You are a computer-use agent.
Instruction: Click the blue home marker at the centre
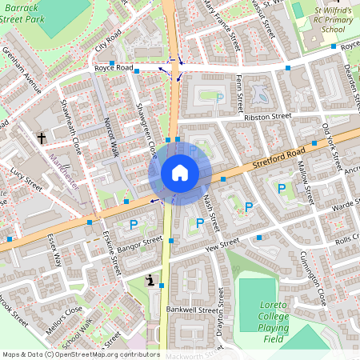click(x=180, y=173)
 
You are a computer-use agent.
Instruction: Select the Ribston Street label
click(x=268, y=117)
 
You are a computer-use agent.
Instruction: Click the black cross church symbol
click(x=42, y=138)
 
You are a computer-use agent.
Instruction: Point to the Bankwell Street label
click(x=192, y=309)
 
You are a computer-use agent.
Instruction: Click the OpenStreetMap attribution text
click(x=80, y=354)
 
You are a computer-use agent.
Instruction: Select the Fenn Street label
click(x=238, y=93)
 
